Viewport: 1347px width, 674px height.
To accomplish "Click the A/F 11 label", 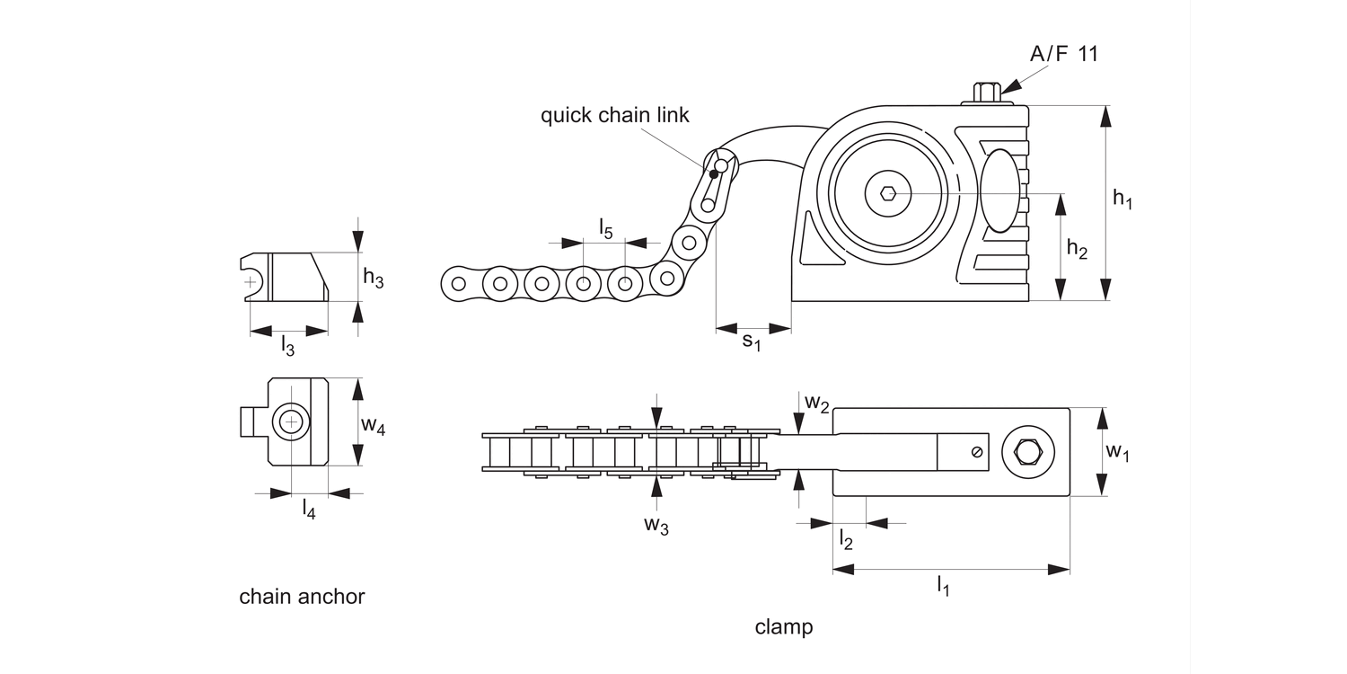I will tap(1063, 54).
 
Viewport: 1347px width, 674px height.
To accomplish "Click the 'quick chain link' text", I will tap(614, 115).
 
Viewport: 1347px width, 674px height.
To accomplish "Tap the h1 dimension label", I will tap(1122, 199).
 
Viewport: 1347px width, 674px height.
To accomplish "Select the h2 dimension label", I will tap(1077, 249).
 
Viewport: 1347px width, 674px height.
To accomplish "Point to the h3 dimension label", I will tap(374, 279).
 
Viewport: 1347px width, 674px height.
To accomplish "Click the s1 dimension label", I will tap(752, 342).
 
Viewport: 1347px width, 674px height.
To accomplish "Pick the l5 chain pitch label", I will tap(605, 229).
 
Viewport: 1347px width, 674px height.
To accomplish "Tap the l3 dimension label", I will tap(287, 344).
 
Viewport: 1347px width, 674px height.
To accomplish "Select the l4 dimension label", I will tap(308, 509).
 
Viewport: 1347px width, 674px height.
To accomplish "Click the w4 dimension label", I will tap(374, 426).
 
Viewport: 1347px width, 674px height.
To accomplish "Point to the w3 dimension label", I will tap(656, 526).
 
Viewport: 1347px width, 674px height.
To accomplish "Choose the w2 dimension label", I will tap(816, 402).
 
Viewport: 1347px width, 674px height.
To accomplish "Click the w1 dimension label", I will tap(1117, 451).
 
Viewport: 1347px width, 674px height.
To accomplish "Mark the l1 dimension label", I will tap(943, 587).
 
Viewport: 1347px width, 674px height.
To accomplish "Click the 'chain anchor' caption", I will tap(302, 597).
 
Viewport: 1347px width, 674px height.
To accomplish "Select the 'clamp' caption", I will tap(783, 626).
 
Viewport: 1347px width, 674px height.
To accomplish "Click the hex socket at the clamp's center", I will tap(888, 191).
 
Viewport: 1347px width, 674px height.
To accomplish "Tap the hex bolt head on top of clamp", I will tap(986, 91).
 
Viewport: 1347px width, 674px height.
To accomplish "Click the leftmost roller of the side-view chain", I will tap(458, 284).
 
